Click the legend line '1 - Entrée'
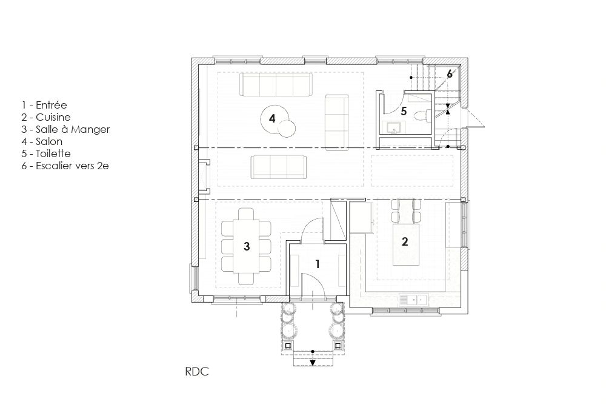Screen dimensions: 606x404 click(44, 105)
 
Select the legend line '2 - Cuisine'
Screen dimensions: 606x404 click(46, 117)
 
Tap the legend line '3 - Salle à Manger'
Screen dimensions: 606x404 click(65, 130)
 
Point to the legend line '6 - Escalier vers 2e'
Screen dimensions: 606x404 click(65, 166)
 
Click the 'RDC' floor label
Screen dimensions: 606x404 click(197, 371)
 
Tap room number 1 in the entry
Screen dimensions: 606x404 click(318, 264)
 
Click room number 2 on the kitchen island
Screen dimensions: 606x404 click(405, 241)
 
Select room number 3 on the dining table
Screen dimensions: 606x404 click(247, 246)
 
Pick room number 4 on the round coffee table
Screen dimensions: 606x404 click(272, 118)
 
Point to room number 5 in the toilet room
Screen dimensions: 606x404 click(404, 112)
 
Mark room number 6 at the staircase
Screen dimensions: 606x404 click(450, 73)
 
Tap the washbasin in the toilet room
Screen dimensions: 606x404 click(393, 127)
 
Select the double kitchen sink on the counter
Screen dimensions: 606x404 click(413, 300)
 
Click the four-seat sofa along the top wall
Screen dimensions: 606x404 click(276, 84)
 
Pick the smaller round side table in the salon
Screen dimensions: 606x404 click(287, 128)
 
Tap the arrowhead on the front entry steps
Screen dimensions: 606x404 click(313, 363)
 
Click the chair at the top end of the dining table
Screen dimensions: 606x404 click(246, 214)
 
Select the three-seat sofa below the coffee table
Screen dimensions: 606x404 click(278, 167)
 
